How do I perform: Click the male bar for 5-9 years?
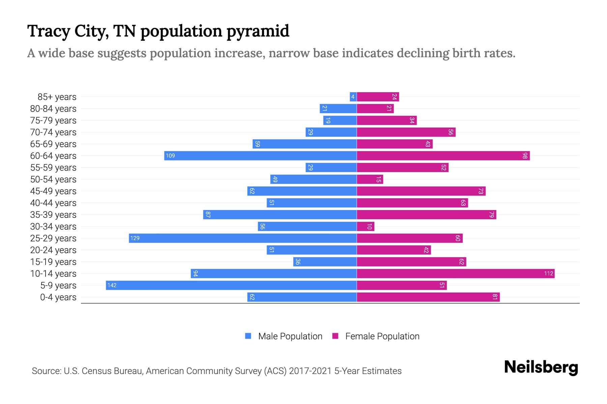click(231, 285)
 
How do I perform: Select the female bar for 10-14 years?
click(455, 273)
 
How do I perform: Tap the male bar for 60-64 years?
click(260, 156)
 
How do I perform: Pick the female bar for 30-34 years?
click(366, 226)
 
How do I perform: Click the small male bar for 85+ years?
click(353, 97)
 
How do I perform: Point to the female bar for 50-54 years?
click(370, 179)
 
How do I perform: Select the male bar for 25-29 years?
click(243, 238)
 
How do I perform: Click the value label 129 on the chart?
click(135, 238)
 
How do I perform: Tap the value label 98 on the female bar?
click(525, 156)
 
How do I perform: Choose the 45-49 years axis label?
click(53, 191)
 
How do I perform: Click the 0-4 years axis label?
click(58, 297)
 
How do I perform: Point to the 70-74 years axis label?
click(53, 132)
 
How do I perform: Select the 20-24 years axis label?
click(53, 250)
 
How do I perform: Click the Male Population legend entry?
click(290, 336)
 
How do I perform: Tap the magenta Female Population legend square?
click(335, 336)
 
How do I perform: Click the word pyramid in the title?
click(258, 31)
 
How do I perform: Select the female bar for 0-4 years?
click(428, 297)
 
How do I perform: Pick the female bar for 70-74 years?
click(406, 132)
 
